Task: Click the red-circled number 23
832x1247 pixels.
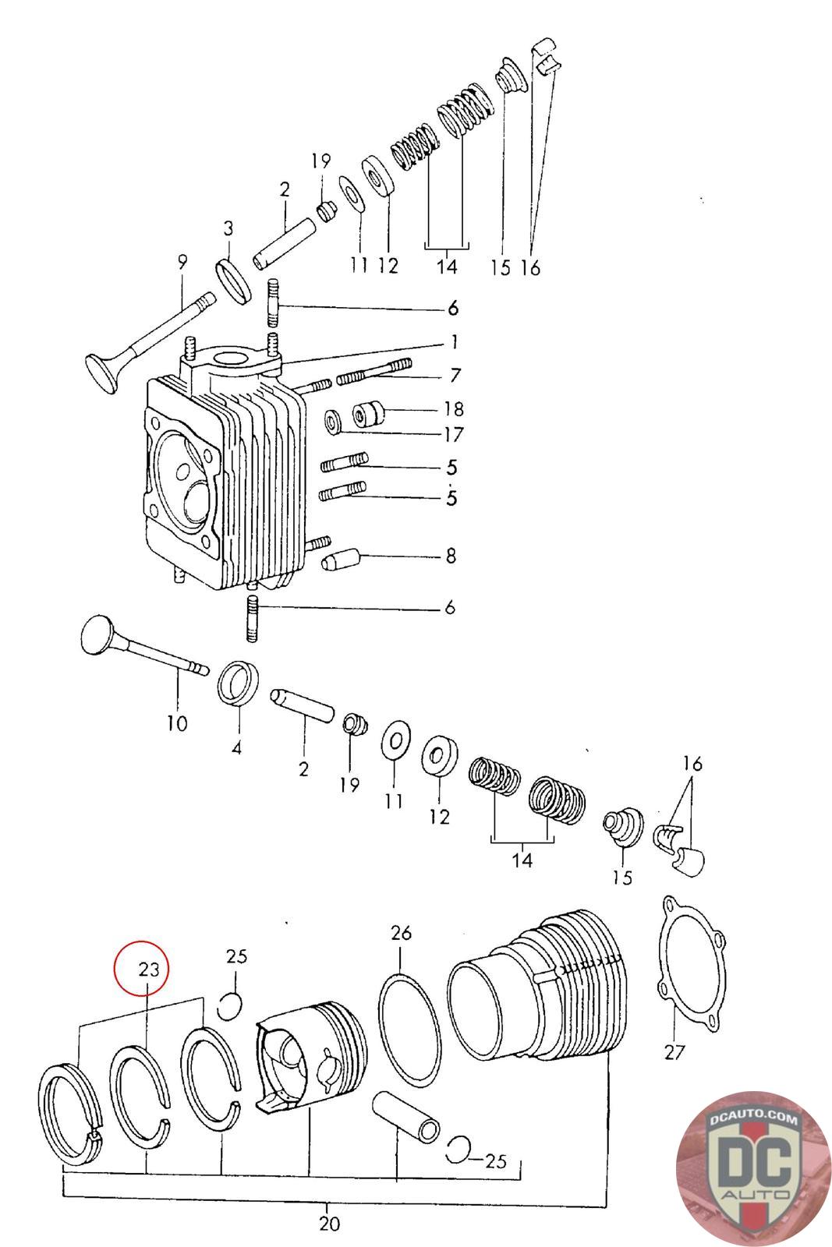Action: pyautogui.click(x=149, y=970)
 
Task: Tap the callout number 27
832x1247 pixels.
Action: pyautogui.click(x=674, y=1052)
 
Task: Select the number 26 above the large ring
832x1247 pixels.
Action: pyautogui.click(x=401, y=932)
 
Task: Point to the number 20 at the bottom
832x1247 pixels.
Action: pyautogui.click(x=330, y=1224)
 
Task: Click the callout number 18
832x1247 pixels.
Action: pyautogui.click(x=454, y=409)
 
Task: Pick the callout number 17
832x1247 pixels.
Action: pyautogui.click(x=454, y=434)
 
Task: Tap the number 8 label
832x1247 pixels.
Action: pyautogui.click(x=451, y=556)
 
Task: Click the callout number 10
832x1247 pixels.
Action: pyautogui.click(x=177, y=723)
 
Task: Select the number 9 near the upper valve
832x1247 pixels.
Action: pyautogui.click(x=182, y=262)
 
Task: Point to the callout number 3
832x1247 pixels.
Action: pyautogui.click(x=228, y=228)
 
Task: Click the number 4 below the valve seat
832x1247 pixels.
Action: pyautogui.click(x=237, y=748)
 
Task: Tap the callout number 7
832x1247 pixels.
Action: pyautogui.click(x=455, y=375)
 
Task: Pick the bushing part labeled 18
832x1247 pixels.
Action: pyautogui.click(x=369, y=413)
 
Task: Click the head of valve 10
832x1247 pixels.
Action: pyautogui.click(x=99, y=634)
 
